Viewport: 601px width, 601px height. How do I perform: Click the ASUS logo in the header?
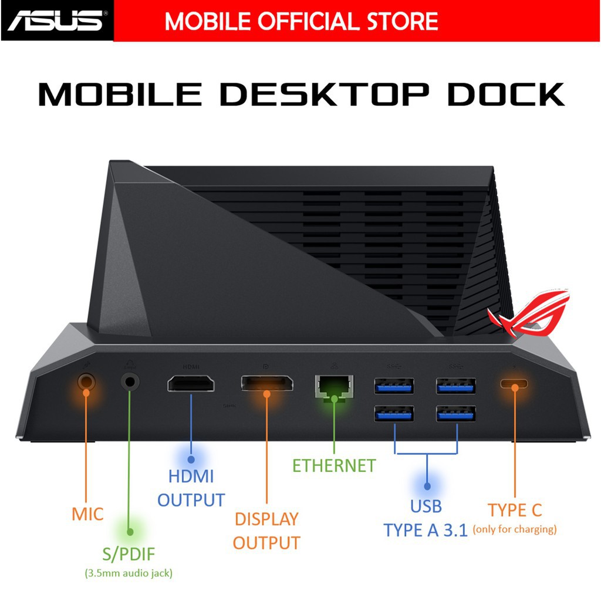point(55,21)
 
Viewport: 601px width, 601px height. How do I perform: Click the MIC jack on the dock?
point(86,383)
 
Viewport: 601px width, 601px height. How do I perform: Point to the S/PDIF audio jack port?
point(130,382)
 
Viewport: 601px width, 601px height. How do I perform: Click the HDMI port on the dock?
point(191,385)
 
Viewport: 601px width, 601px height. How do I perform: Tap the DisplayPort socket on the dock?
point(267,386)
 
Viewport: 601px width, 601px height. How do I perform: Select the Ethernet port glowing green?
point(335,386)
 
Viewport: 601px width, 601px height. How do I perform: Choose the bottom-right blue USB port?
point(456,414)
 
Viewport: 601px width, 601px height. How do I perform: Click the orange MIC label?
point(87,515)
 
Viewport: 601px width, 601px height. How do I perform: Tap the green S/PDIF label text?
point(130,553)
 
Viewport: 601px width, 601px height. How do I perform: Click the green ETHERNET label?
point(334,466)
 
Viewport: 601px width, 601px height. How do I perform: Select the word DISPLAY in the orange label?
point(266,519)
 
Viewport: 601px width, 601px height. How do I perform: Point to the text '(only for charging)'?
point(515,529)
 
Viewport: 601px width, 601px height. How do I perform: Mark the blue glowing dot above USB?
point(426,486)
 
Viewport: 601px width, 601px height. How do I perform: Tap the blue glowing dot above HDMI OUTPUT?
point(191,460)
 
